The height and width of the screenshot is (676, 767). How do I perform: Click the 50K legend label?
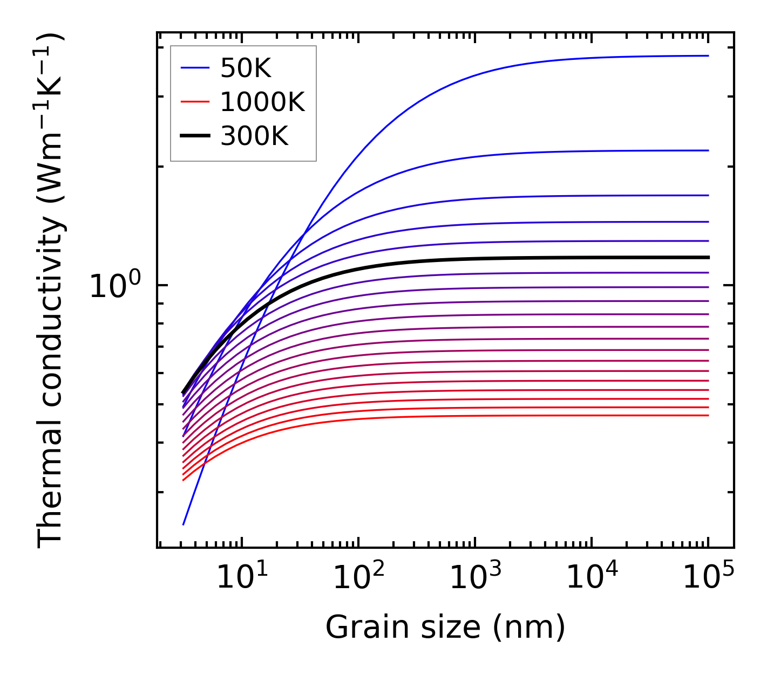click(246, 68)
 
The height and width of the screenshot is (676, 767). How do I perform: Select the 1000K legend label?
click(262, 102)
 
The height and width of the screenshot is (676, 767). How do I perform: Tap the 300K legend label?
click(254, 136)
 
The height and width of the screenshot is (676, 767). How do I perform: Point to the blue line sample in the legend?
click(194, 68)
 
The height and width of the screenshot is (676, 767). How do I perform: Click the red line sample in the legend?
click(194, 101)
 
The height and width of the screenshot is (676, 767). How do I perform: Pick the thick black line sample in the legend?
click(194, 136)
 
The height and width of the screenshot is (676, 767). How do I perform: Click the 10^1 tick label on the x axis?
click(241, 578)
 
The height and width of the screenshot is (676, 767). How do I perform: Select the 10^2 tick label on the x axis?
click(358, 578)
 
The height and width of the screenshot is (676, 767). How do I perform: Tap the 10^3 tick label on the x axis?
click(475, 578)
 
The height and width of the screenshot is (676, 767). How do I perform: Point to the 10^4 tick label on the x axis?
click(592, 578)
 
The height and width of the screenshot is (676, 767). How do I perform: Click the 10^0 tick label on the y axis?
click(114, 286)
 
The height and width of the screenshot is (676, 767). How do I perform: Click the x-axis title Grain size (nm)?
click(445, 627)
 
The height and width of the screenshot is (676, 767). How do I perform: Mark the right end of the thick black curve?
click(708, 257)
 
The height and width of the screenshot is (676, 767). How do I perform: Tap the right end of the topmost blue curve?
click(708, 56)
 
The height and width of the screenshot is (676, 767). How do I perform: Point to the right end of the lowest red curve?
click(708, 415)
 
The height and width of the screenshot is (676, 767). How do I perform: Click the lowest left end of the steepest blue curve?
click(184, 524)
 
